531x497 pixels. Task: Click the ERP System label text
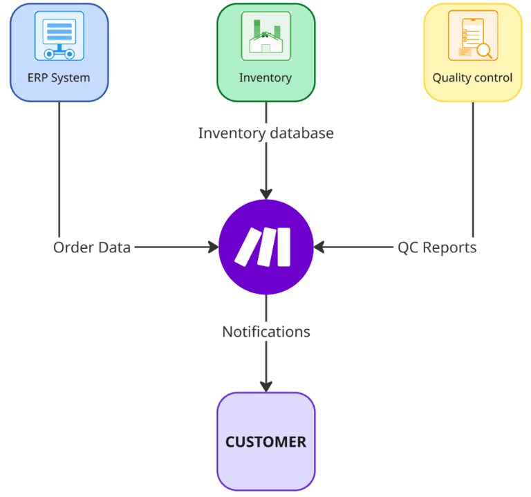(59, 77)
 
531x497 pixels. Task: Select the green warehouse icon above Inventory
(265, 35)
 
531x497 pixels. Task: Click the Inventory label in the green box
(265, 77)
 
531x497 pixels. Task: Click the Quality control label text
(473, 77)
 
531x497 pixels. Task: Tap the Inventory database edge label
(265, 133)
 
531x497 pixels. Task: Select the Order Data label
(92, 247)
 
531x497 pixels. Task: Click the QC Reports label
(437, 247)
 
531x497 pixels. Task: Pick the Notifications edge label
(266, 332)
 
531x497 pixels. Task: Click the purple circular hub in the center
(266, 247)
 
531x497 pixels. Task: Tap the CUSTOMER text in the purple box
(265, 442)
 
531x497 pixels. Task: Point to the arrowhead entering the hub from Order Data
(213, 247)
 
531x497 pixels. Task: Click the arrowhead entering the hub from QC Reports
(319, 247)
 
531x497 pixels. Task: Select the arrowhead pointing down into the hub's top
(266, 194)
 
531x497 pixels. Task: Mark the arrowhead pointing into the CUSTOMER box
(266, 386)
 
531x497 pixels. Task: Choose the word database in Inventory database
(301, 133)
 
